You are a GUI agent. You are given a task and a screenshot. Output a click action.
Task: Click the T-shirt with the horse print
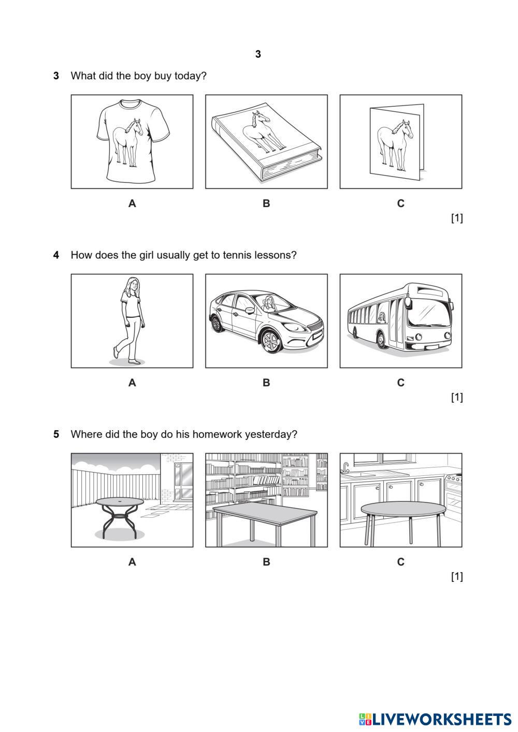132,141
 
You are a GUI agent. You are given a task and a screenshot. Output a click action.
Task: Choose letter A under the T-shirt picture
132,203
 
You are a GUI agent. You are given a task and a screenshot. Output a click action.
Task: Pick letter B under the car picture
266,383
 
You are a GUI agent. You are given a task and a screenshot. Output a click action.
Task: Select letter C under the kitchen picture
400,562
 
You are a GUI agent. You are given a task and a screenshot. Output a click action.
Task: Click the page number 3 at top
258,54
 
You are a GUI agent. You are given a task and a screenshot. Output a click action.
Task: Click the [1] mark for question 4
456,398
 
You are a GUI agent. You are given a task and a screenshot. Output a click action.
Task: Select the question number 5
56,434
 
